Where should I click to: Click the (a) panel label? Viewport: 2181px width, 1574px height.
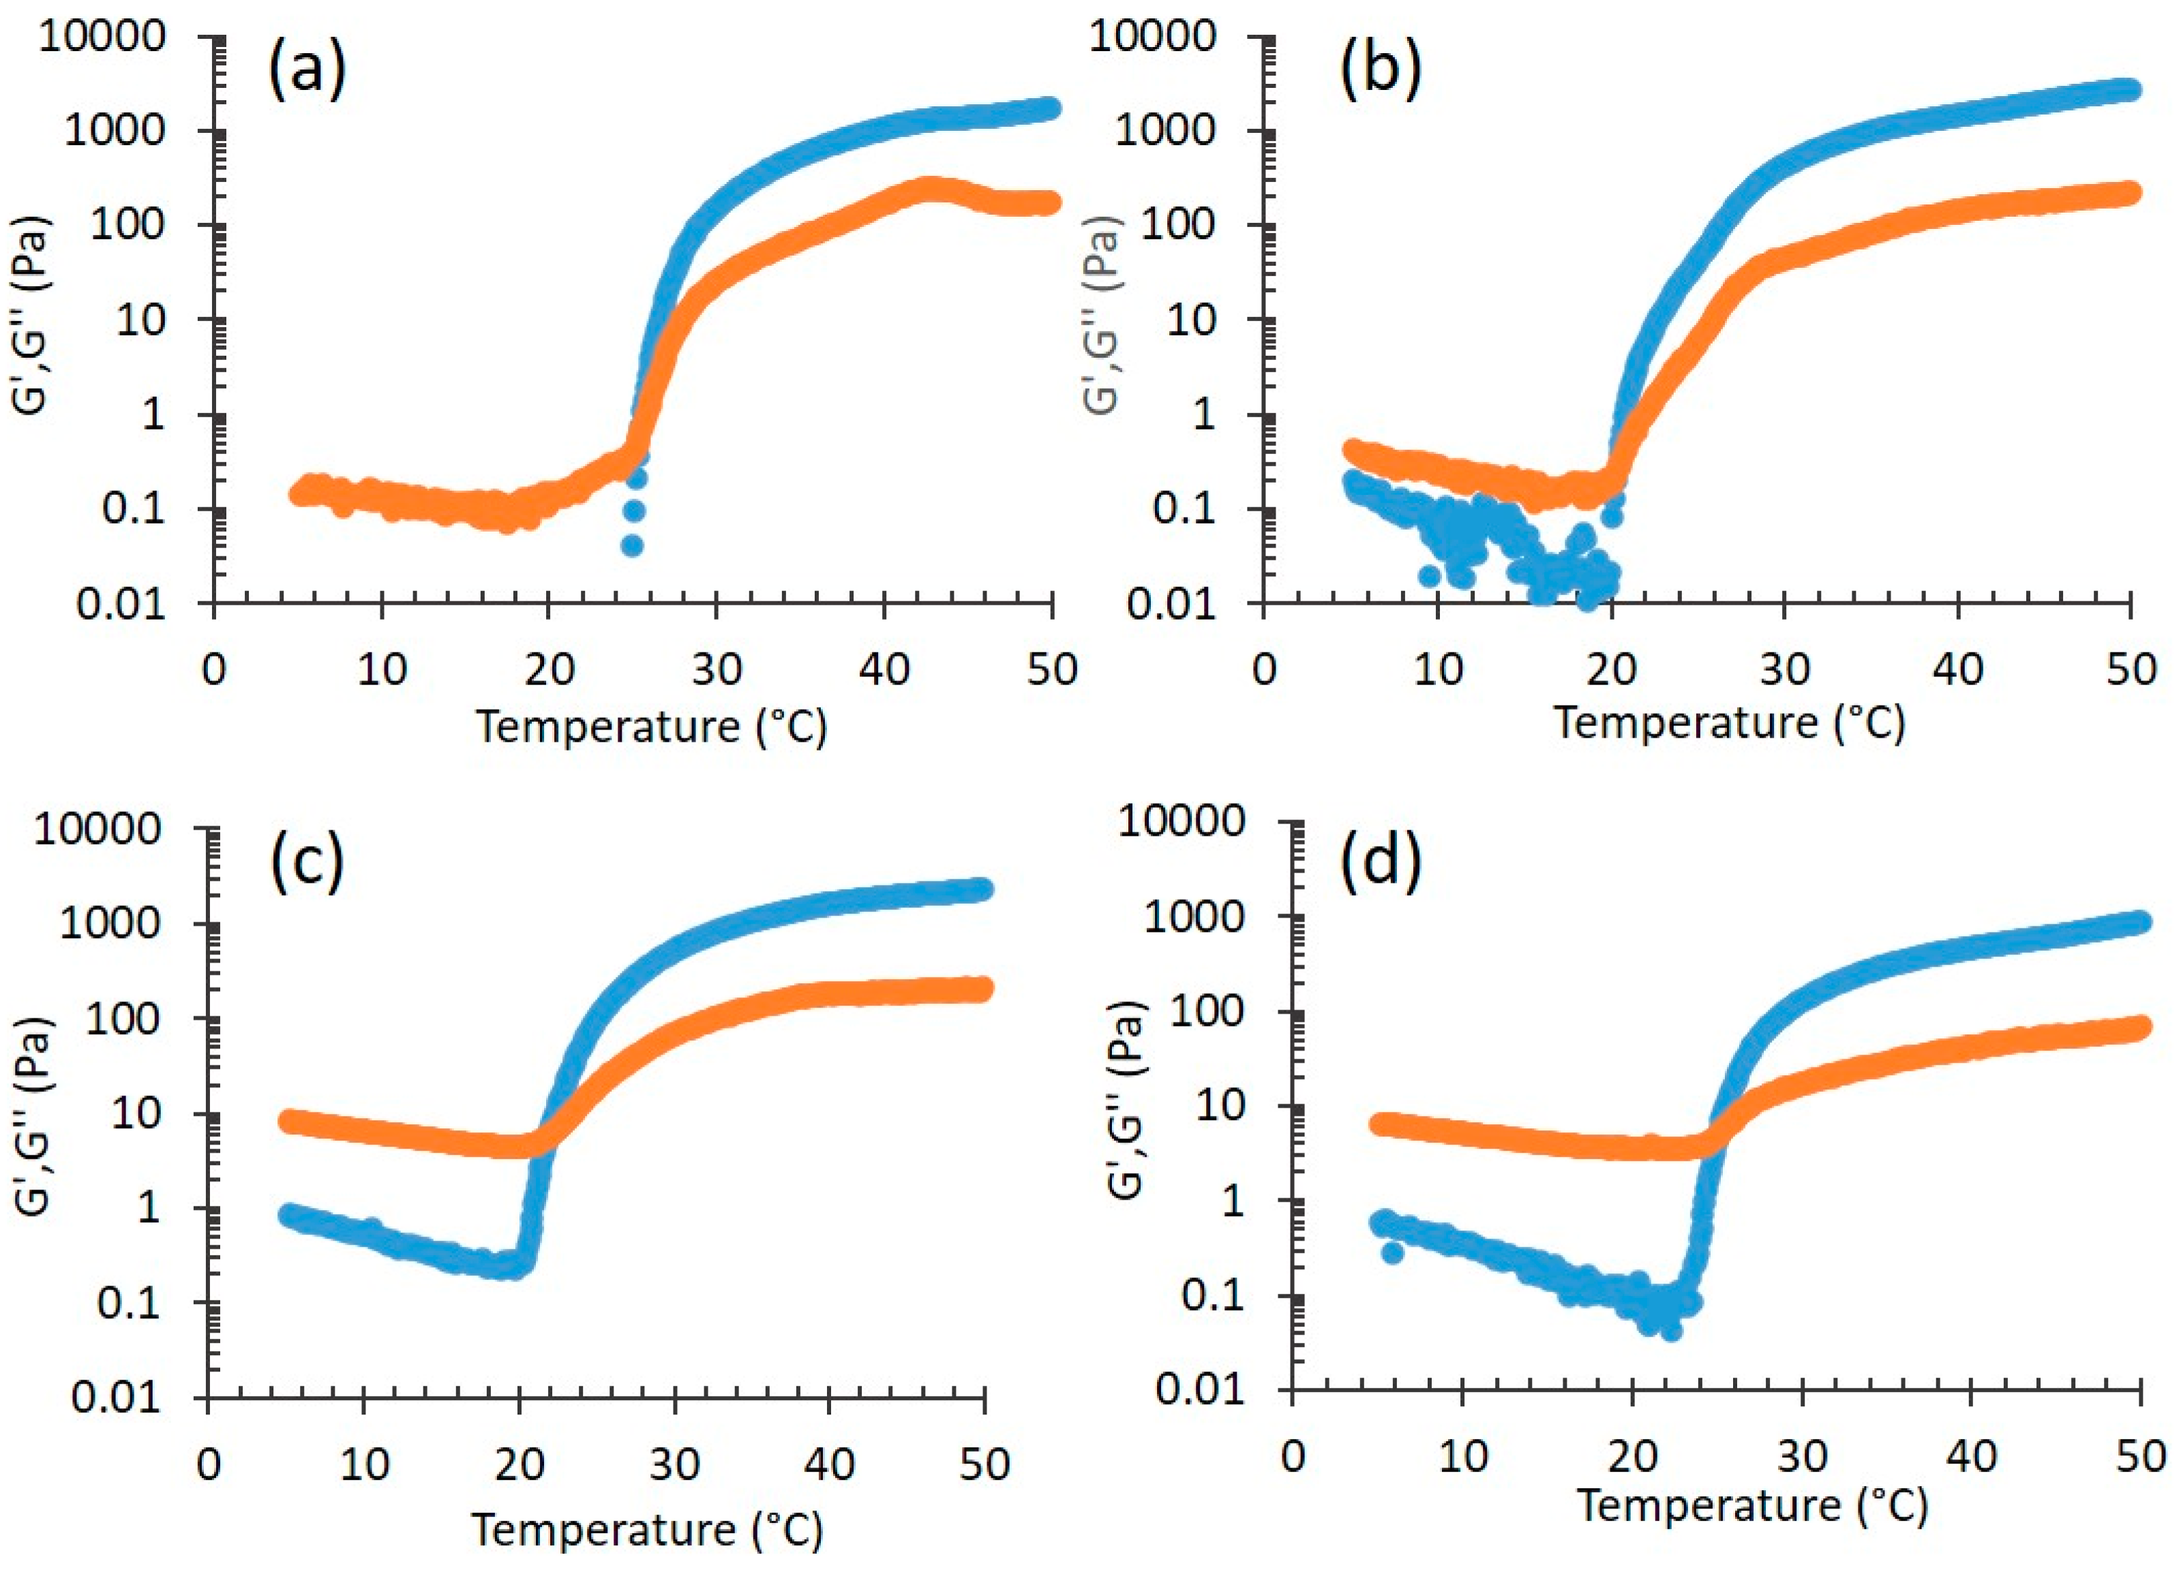[306, 72]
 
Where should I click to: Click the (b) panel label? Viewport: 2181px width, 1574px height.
[1381, 72]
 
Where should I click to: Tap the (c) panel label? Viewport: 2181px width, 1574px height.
[306, 862]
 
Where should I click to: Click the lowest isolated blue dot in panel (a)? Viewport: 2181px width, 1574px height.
[632, 545]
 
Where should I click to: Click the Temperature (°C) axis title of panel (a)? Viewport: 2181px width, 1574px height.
[652, 727]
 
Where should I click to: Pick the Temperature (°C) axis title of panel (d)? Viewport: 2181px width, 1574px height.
[1752, 1506]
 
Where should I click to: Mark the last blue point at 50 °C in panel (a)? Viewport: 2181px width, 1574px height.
[1050, 108]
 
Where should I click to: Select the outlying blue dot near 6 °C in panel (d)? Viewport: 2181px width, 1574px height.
[1392, 1253]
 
